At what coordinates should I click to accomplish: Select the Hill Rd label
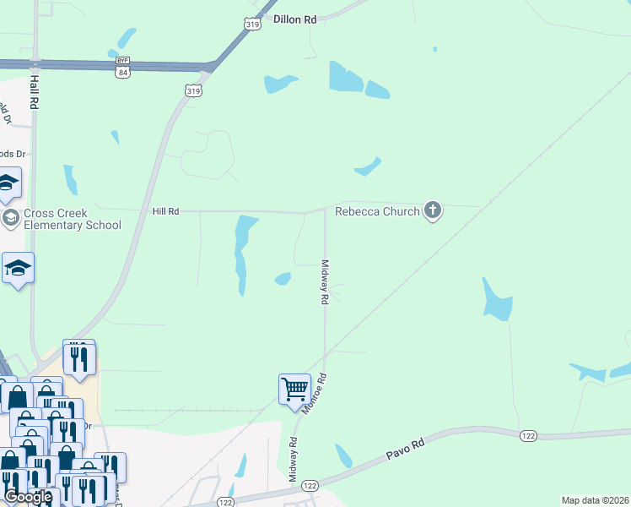[x=165, y=211]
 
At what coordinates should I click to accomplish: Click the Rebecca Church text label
[x=377, y=211]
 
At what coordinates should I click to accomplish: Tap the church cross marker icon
[x=432, y=210]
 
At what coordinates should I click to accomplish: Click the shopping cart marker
[x=294, y=390]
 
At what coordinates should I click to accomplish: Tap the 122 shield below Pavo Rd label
[x=528, y=434]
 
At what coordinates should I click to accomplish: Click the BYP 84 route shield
[x=123, y=67]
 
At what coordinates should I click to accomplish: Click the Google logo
[x=28, y=497]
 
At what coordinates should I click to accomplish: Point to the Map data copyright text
[x=594, y=500]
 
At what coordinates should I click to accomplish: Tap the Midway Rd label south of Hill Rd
[x=323, y=281]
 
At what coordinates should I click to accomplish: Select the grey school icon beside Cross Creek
[x=11, y=219]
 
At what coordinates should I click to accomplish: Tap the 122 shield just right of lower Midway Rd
[x=310, y=485]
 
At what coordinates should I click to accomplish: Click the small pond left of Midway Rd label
[x=283, y=278]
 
